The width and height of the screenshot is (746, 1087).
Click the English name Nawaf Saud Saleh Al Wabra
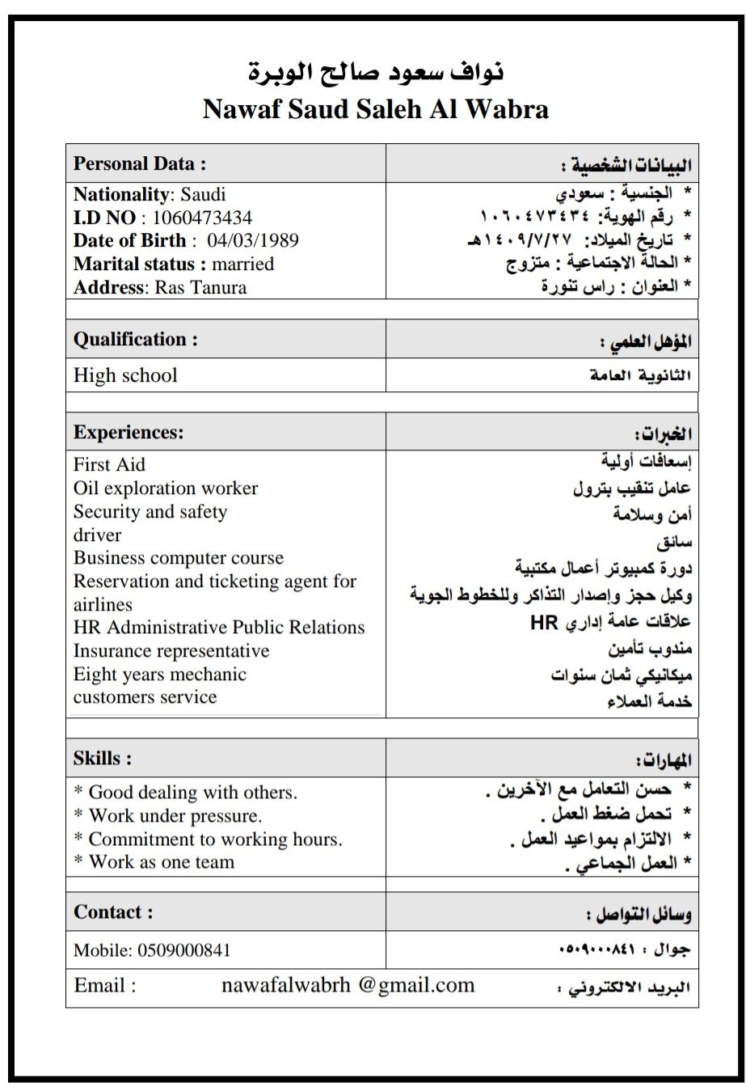click(375, 109)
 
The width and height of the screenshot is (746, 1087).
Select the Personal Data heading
click(140, 163)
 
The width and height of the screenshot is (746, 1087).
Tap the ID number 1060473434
click(201, 218)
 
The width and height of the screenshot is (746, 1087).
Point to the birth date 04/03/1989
click(252, 241)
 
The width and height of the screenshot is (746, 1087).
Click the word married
click(242, 264)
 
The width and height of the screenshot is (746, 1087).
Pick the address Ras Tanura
click(200, 288)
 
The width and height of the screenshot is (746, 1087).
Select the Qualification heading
click(135, 340)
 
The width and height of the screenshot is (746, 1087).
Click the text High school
click(125, 376)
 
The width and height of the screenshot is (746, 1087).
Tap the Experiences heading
click(129, 433)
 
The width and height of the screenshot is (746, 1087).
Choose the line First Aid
click(109, 465)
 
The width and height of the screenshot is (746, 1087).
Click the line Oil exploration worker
click(166, 489)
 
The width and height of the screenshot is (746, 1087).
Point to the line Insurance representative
click(171, 651)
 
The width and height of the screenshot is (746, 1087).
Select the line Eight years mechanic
click(159, 675)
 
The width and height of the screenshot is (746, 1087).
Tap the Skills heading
click(103, 759)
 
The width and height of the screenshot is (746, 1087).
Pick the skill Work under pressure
click(175, 816)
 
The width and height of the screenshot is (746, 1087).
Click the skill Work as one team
click(161, 862)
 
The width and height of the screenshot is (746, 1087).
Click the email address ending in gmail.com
click(348, 986)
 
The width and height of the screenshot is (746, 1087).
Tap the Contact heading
click(113, 912)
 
